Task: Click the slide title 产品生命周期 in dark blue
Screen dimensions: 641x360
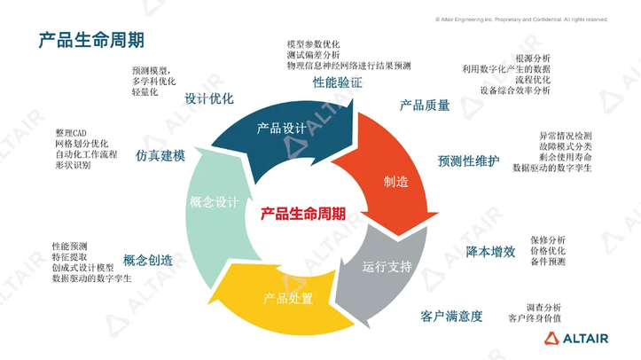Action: [x=91, y=40]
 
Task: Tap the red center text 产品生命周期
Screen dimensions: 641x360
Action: [x=303, y=214]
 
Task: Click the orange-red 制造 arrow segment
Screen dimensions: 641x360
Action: [x=388, y=176]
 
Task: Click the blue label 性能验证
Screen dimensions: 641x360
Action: [x=337, y=82]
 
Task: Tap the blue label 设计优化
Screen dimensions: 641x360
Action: [x=209, y=98]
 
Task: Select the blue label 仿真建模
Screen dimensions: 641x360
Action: [x=160, y=155]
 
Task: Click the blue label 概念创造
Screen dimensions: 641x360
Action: [x=148, y=261]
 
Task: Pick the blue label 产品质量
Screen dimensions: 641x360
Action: [x=425, y=106]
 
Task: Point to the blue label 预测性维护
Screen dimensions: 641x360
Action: [x=468, y=160]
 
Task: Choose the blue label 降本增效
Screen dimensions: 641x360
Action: [x=490, y=252]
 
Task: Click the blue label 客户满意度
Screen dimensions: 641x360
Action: [x=451, y=316]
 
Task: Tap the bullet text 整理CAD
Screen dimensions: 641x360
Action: [x=71, y=133]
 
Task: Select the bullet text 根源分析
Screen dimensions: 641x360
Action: [x=533, y=59]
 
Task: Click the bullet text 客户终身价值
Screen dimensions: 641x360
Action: [x=535, y=318]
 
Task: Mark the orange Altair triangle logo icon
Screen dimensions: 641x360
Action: [x=551, y=338]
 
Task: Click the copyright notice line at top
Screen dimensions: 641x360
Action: [x=521, y=20]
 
